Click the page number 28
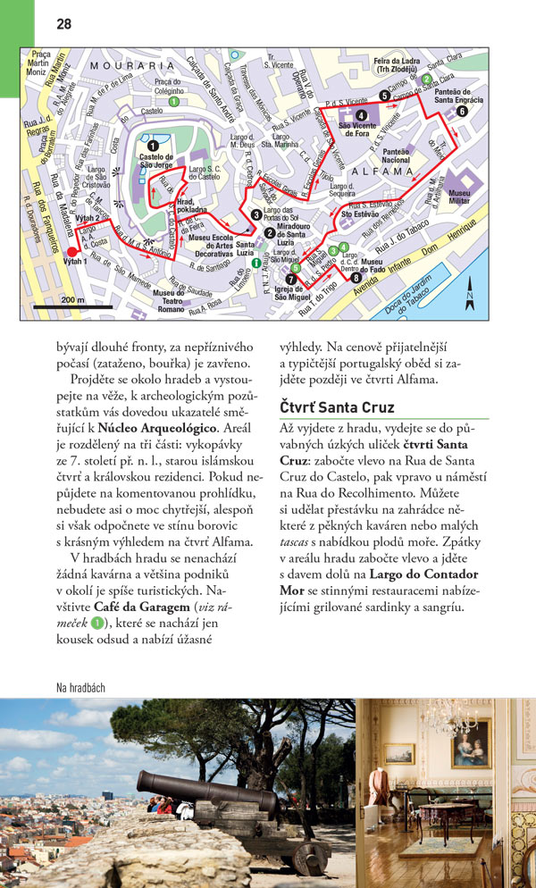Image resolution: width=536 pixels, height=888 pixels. pos(63,24)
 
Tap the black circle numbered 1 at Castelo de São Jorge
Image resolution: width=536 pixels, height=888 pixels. pos(153,146)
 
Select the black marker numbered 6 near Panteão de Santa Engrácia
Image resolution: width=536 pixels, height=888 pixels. pos(461,112)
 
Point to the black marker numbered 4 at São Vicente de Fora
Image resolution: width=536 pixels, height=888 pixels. pos(361,115)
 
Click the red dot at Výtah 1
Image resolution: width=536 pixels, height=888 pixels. pos(72,252)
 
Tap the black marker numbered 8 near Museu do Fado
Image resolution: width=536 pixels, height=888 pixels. pos(356,278)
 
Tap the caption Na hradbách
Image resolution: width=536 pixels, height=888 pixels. pos(80,687)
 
